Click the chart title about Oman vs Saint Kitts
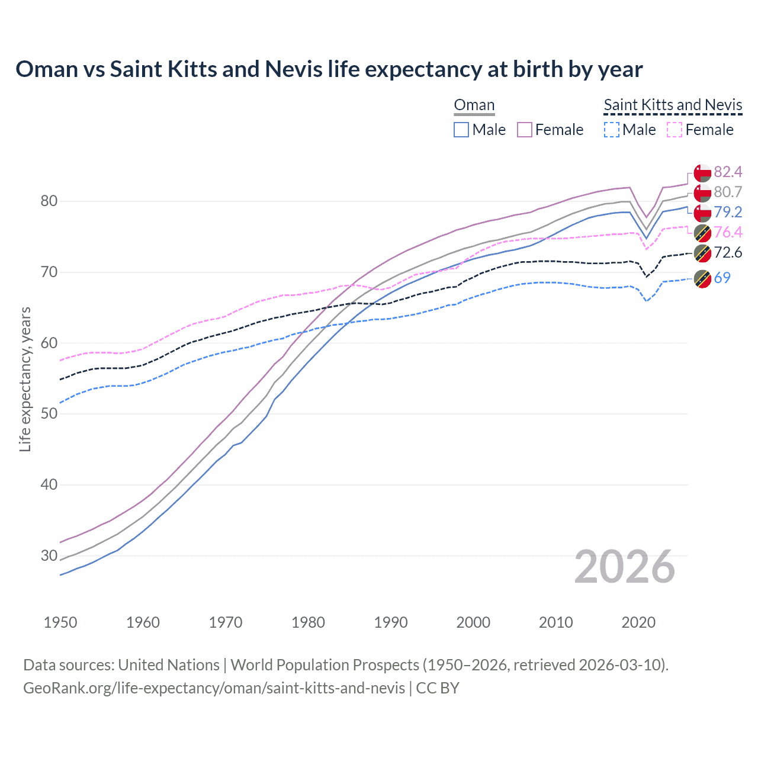coord(329,69)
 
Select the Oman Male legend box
coord(461,130)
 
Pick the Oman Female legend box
coord(525,130)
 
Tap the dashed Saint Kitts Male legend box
coord(612,130)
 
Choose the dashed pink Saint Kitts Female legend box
coord(675,130)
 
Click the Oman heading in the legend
coord(474,105)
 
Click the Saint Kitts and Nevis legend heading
coord(673,105)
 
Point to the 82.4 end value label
coord(728,172)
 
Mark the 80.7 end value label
coord(728,192)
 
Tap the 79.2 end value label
coord(728,212)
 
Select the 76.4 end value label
coord(728,232)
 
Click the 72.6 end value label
coord(728,252)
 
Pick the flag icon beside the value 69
coord(702,278)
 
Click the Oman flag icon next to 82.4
coord(702,172)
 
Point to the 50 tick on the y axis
coord(49,414)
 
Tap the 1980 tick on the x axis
coord(308,622)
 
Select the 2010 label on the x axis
coord(555,622)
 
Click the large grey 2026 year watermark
coord(624,567)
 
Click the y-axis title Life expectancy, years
coord(25,379)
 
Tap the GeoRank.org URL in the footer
coord(214,688)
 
